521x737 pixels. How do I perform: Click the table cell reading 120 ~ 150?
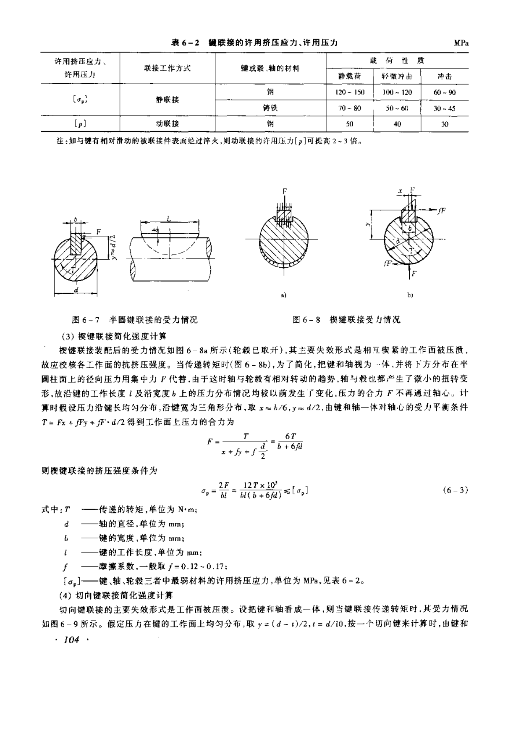tap(350, 92)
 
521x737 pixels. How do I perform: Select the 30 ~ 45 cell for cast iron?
tap(444, 108)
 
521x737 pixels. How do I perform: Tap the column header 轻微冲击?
tap(397, 76)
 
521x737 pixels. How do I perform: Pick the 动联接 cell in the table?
tap(167, 124)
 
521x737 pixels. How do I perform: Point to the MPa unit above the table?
tap(461, 43)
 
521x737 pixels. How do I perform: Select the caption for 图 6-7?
tap(135, 320)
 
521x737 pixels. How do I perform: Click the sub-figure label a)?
tap(283, 295)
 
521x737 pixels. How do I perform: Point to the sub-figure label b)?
tap(410, 295)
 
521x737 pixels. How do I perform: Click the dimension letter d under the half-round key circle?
tap(76, 290)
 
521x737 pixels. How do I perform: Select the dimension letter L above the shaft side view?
tap(168, 219)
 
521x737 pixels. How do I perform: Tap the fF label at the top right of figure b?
tap(441, 211)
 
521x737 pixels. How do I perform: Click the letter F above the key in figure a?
tap(285, 192)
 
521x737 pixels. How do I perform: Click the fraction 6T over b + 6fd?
tap(290, 442)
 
